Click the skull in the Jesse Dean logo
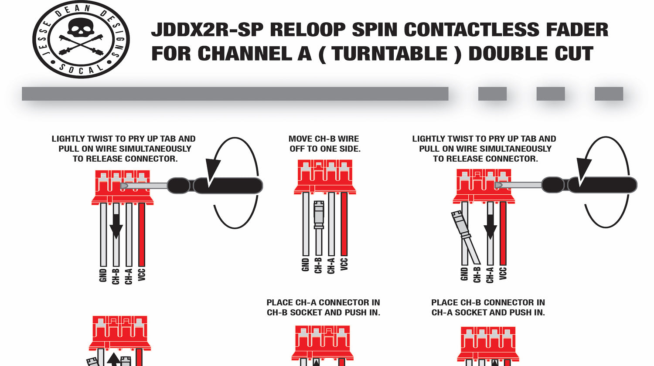[x=80, y=30]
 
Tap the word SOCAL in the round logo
[x=81, y=69]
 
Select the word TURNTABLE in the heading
[x=390, y=54]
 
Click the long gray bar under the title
[x=235, y=94]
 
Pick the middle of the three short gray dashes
[x=550, y=94]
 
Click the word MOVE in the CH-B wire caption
[x=301, y=139]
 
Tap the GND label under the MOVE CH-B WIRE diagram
[x=306, y=265]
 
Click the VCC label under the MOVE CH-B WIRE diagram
[x=344, y=264]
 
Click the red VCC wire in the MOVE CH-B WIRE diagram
[x=344, y=224]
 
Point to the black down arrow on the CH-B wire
[x=116, y=227]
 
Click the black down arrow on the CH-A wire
[x=490, y=227]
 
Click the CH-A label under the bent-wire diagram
[x=490, y=275]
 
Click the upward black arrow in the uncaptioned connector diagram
[x=114, y=360]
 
